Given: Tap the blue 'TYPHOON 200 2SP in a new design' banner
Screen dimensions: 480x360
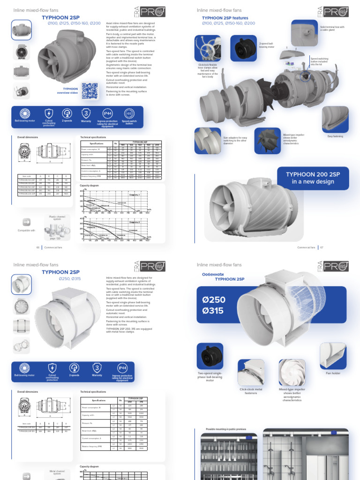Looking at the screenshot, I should pyautogui.click(x=313, y=178).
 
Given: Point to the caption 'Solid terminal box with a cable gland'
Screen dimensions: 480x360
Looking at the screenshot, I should pyautogui.click(x=332, y=29).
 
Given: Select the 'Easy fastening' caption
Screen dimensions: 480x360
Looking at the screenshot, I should pyautogui.click(x=335, y=136).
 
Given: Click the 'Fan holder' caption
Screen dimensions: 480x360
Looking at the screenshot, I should pyautogui.click(x=332, y=373).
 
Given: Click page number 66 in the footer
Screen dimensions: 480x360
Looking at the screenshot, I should pyautogui.click(x=38, y=247).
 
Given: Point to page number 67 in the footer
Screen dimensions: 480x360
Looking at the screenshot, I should pyautogui.click(x=322, y=247).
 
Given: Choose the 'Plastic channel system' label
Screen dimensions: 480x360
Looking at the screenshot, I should pyautogui.click(x=58, y=218).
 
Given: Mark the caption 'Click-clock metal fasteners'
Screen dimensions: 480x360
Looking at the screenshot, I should pyautogui.click(x=251, y=390).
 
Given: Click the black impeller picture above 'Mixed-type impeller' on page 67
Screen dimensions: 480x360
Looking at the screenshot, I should pyautogui.click(x=268, y=140).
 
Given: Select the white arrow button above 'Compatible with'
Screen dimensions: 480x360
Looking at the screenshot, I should pyautogui.click(x=26, y=222).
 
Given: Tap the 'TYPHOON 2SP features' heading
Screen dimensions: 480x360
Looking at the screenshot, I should pyautogui.click(x=225, y=18).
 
